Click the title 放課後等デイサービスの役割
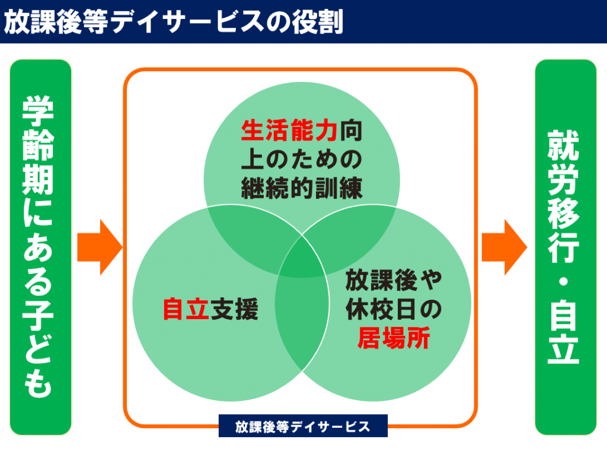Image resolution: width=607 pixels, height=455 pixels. (x=174, y=22)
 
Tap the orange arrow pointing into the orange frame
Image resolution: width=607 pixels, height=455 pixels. (x=100, y=247)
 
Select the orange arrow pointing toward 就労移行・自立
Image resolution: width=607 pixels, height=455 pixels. (x=504, y=247)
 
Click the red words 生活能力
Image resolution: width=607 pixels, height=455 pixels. (x=289, y=131)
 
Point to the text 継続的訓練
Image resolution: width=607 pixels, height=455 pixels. (x=302, y=189)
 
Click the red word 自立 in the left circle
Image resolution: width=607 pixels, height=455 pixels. (x=186, y=309)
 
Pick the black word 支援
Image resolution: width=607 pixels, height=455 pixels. (x=235, y=309)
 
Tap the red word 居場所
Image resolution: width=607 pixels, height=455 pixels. (x=394, y=338)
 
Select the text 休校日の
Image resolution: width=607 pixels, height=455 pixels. (x=394, y=309)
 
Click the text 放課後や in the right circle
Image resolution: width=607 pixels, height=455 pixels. (x=394, y=280)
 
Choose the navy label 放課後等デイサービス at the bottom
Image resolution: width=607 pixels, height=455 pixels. (x=303, y=427)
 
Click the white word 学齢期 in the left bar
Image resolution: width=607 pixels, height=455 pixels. (x=38, y=145)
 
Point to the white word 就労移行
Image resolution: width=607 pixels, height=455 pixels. (x=564, y=197)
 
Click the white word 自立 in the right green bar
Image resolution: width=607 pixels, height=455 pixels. (x=564, y=332)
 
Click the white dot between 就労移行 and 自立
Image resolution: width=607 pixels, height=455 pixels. (x=564, y=281)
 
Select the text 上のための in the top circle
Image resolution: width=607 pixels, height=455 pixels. (x=302, y=160)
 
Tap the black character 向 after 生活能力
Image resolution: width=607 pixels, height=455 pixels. (x=352, y=131)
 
